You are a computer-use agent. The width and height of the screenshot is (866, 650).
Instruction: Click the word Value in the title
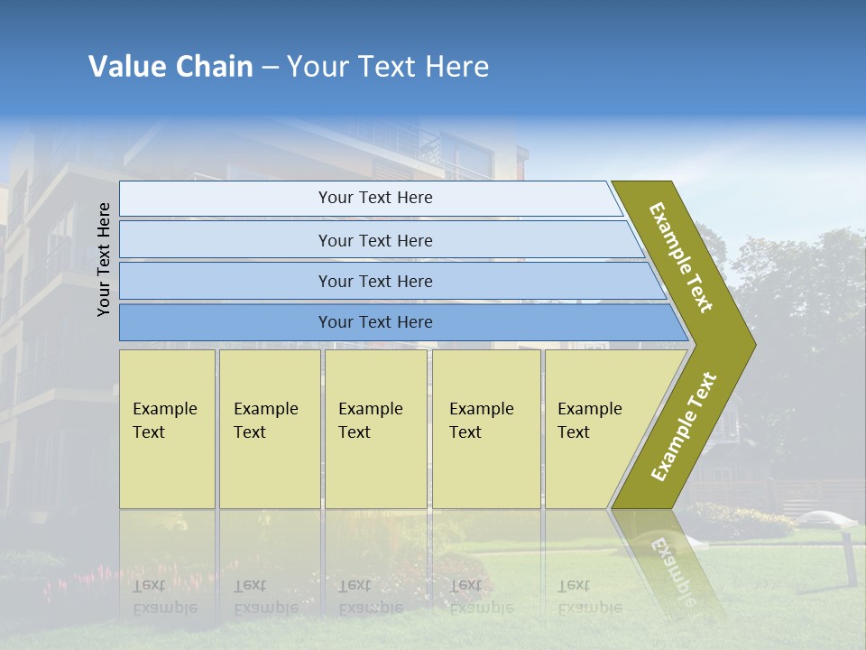click(125, 67)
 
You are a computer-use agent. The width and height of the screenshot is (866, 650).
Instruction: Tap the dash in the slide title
click(270, 68)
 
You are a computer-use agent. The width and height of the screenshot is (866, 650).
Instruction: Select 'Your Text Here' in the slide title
click(388, 67)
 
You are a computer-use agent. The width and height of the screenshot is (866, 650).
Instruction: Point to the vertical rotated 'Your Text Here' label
click(104, 259)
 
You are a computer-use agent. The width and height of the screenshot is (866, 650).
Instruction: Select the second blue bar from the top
click(374, 240)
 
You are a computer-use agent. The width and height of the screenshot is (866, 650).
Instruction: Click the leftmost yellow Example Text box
click(167, 429)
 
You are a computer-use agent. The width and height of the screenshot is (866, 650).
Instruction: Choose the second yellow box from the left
click(269, 429)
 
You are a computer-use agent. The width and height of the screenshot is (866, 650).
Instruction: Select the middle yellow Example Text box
click(375, 429)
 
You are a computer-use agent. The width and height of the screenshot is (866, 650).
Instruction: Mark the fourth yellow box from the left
click(486, 429)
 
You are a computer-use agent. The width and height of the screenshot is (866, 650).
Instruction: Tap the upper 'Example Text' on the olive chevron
click(681, 257)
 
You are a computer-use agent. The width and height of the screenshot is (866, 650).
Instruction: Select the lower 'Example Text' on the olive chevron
click(684, 426)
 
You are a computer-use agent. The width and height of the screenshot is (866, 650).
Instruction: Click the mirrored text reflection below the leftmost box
click(164, 597)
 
